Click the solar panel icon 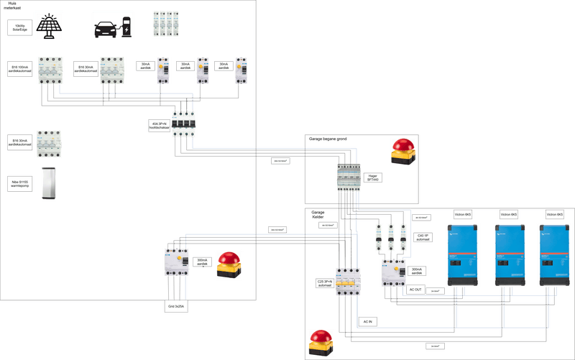49,27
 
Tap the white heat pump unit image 50,183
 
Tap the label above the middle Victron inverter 509,214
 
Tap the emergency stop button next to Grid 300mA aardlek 231,264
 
